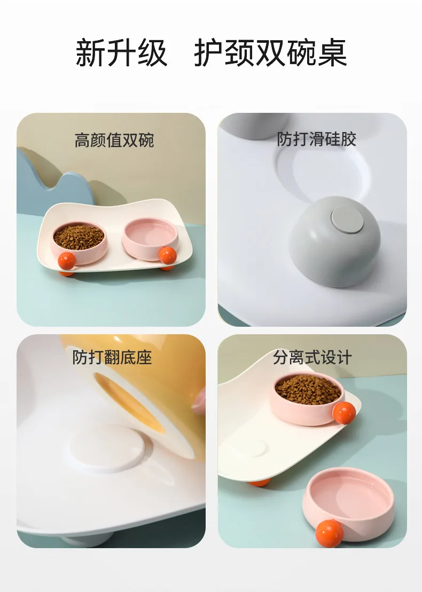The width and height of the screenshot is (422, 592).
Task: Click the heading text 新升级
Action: click(x=121, y=53)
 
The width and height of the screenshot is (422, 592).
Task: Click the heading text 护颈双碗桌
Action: click(x=270, y=53)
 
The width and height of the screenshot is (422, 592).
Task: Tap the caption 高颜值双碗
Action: click(x=114, y=140)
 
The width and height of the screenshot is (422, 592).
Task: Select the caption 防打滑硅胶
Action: click(x=316, y=139)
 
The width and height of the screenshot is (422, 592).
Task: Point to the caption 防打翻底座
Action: click(x=112, y=357)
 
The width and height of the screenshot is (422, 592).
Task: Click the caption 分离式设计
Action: click(x=312, y=357)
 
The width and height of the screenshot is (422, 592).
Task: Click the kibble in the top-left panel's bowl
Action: click(x=79, y=236)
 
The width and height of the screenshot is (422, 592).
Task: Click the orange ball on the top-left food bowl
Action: click(x=67, y=260)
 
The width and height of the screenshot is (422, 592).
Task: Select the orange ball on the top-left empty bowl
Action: click(x=167, y=256)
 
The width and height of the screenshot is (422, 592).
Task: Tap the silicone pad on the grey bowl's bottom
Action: click(x=347, y=219)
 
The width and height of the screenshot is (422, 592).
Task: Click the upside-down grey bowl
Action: click(x=334, y=241)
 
